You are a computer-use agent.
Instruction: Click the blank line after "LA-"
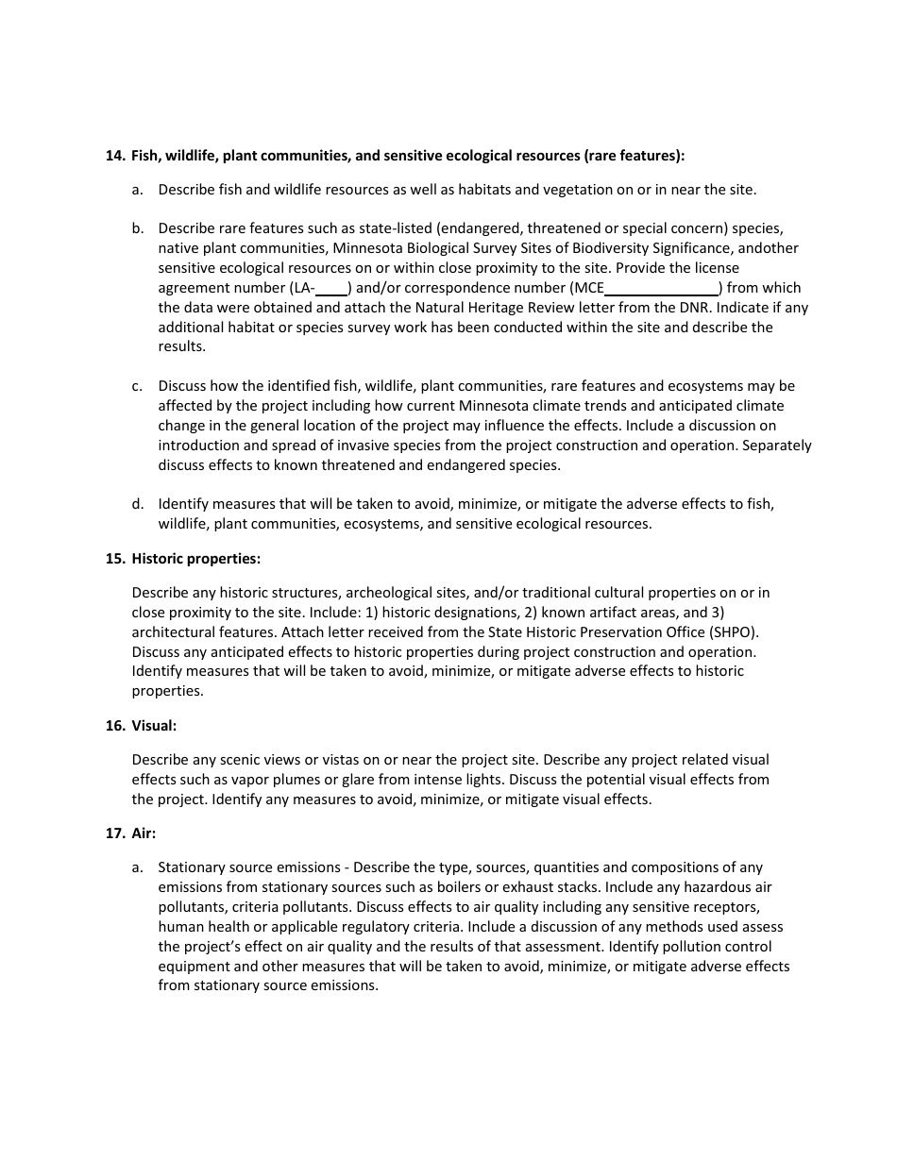pos(331,288)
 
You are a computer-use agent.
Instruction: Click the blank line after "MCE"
pos(661,288)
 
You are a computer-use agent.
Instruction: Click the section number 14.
pos(115,156)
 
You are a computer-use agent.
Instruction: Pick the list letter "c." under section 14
pos(138,386)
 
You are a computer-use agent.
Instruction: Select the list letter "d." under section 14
pos(138,504)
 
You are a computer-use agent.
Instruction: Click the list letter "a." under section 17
pos(138,867)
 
